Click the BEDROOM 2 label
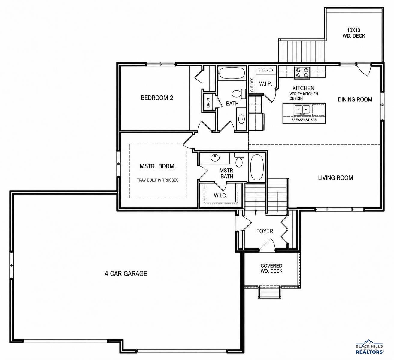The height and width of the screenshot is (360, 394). [157, 98]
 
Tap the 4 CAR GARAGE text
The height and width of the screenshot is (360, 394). [126, 274]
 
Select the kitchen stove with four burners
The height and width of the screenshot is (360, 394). [302, 73]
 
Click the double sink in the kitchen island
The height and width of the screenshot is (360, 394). [302, 109]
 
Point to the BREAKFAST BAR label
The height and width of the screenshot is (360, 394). [304, 120]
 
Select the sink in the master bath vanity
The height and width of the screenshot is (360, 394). [215, 158]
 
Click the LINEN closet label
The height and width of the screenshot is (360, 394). [208, 103]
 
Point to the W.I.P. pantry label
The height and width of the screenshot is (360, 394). [265, 84]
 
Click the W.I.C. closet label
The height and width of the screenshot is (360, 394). [220, 195]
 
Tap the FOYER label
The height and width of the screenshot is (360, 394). [265, 231]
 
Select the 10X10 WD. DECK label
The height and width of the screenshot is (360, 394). [354, 33]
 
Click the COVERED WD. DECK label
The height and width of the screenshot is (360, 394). [271, 268]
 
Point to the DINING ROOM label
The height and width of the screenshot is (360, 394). [355, 100]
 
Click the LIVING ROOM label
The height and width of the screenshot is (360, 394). [335, 178]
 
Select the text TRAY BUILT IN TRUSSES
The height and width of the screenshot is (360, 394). [158, 180]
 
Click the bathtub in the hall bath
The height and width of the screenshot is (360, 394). [232, 73]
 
